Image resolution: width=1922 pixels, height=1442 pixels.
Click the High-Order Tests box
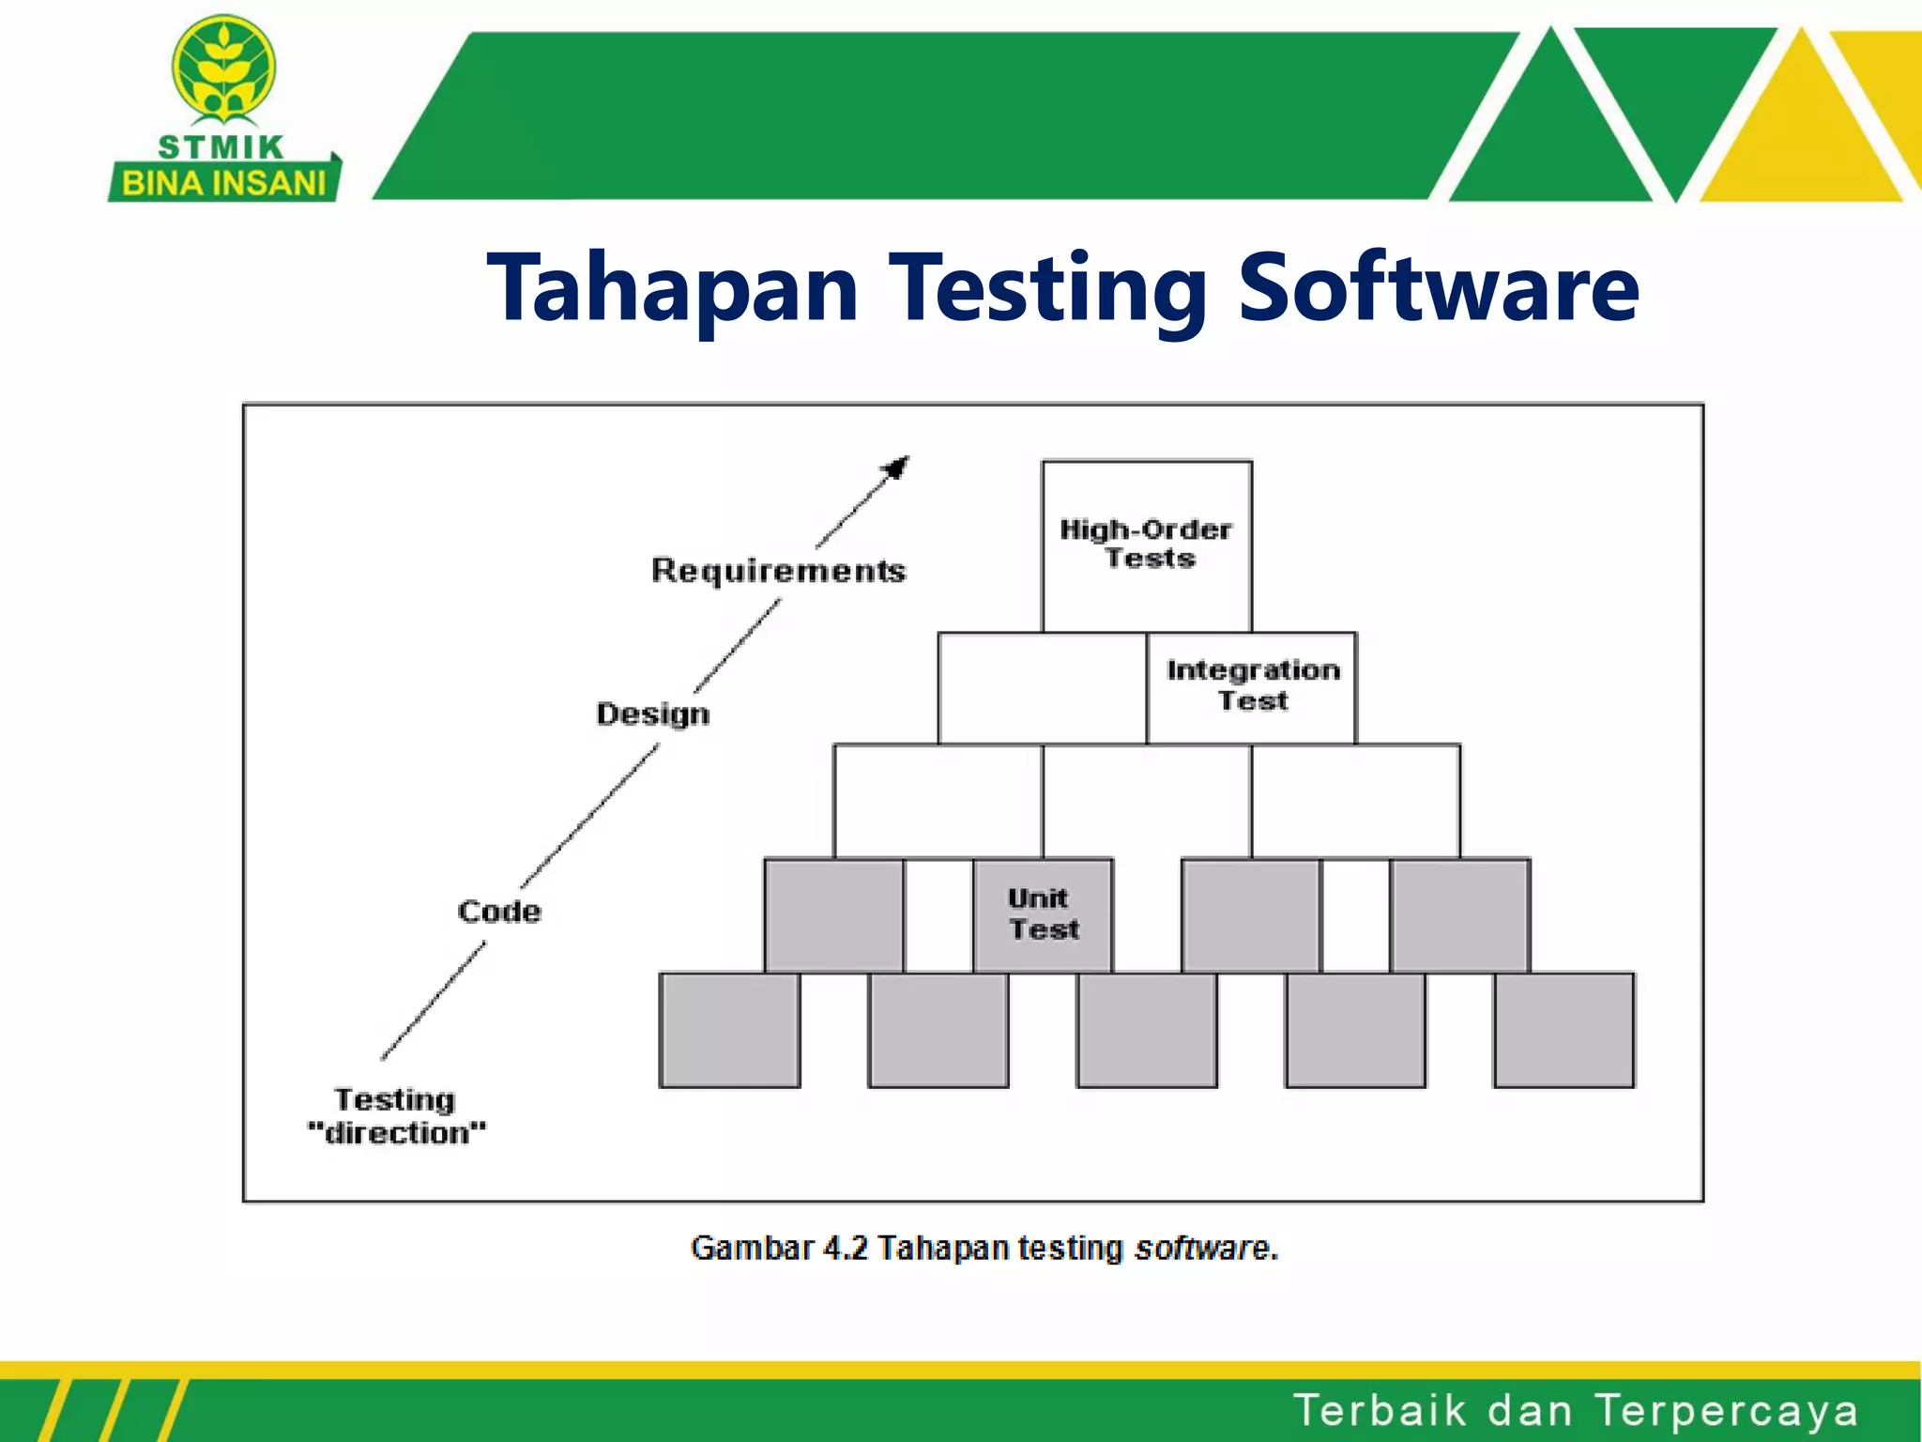(x=1146, y=545)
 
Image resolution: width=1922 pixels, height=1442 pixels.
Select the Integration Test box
(x=1252, y=687)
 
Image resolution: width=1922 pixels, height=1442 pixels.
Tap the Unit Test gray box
(x=1043, y=914)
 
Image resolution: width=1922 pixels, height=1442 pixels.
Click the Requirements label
(x=778, y=571)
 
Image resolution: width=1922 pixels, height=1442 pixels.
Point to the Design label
(x=653, y=713)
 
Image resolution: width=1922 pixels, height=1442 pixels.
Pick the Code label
(x=499, y=911)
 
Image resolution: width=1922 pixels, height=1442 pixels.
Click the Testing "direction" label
(x=397, y=1116)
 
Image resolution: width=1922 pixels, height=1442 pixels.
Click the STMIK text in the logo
(x=221, y=147)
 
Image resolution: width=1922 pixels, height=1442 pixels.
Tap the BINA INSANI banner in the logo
(x=223, y=183)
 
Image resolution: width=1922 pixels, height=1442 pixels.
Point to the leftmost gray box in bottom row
(x=729, y=1030)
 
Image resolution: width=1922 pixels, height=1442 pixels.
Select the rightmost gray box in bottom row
(x=1564, y=1030)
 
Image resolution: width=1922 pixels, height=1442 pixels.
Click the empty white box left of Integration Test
(x=1042, y=688)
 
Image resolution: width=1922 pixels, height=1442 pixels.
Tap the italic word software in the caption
(x=1202, y=1248)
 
